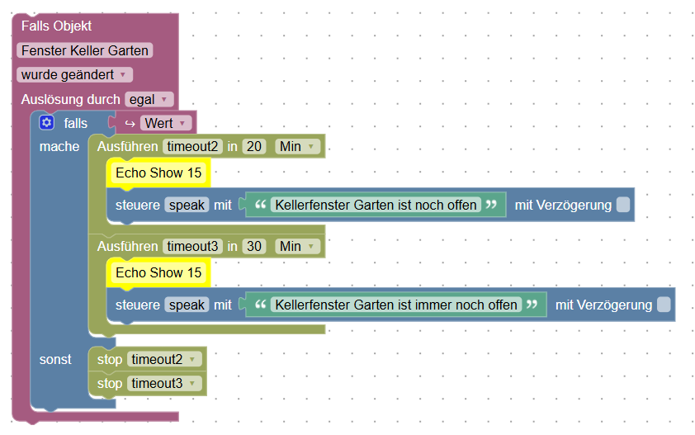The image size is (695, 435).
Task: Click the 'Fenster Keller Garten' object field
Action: pos(85,50)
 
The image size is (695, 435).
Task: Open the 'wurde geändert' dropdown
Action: pos(74,75)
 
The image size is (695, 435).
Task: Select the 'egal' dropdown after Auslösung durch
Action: pos(149,100)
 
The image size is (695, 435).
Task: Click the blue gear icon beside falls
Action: pos(46,123)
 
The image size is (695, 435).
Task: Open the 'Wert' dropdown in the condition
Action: pos(165,124)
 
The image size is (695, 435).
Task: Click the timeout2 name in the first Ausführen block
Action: pos(192,147)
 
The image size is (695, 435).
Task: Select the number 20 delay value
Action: pos(255,147)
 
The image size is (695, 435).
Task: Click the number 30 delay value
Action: pos(255,246)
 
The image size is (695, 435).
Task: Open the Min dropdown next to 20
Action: pos(298,147)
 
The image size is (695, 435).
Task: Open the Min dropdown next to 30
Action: pos(298,246)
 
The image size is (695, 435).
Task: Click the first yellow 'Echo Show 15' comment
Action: pos(158,173)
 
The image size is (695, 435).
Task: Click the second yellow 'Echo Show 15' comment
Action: pos(158,272)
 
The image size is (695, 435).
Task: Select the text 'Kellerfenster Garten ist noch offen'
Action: pos(376,205)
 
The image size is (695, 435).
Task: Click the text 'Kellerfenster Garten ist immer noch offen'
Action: pos(396,305)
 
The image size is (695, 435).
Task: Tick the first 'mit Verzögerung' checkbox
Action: pos(623,205)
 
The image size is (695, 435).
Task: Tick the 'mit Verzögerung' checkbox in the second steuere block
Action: pos(664,305)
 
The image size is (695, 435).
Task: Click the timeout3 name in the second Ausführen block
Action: pos(192,246)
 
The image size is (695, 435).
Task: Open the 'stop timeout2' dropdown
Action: pos(166,360)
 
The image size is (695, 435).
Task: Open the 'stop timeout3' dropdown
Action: pos(166,383)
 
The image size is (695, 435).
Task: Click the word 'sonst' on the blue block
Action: pos(55,360)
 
